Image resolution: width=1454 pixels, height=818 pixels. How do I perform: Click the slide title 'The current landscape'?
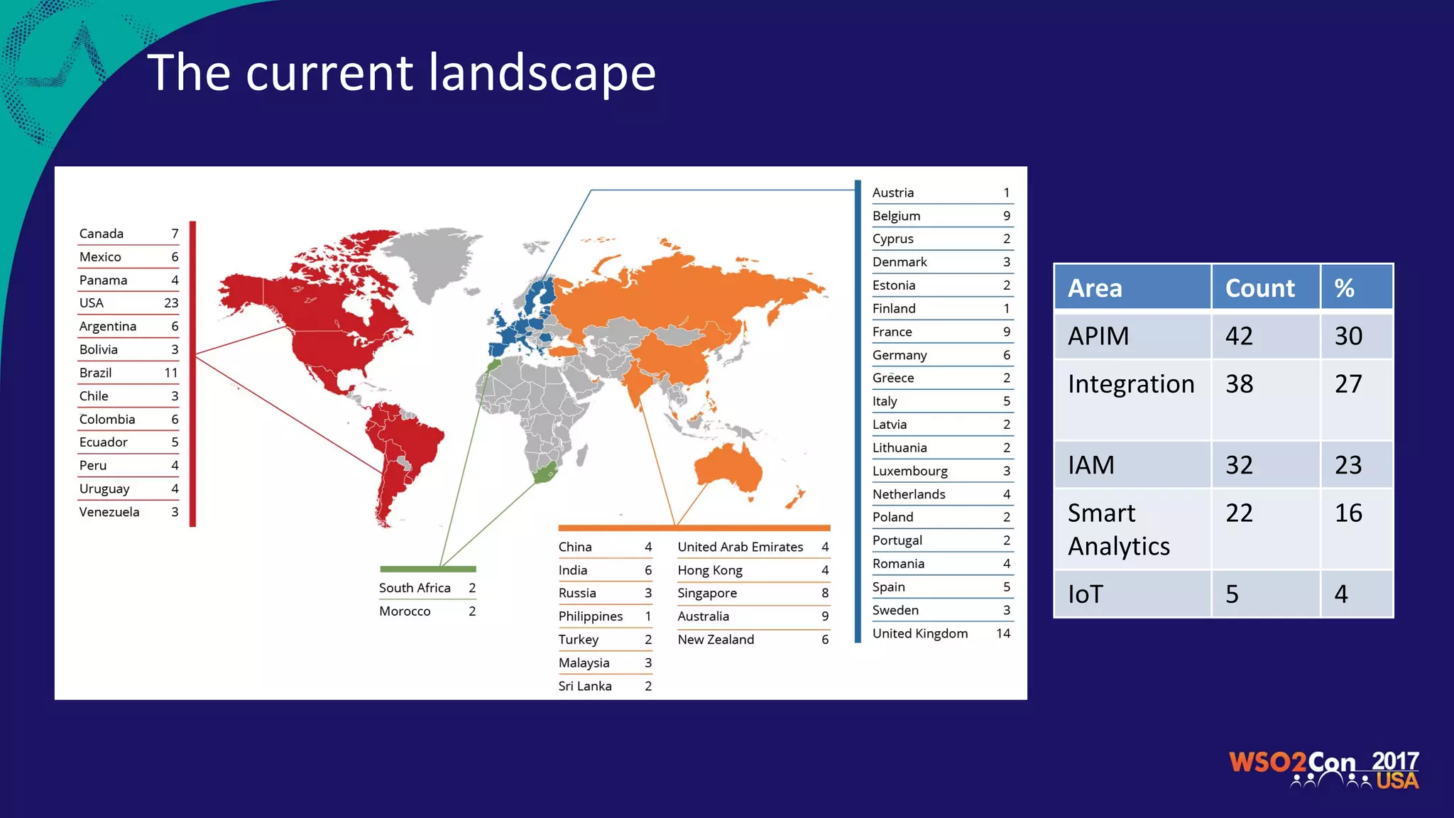click(x=401, y=72)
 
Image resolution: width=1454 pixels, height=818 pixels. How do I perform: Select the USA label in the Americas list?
click(x=92, y=303)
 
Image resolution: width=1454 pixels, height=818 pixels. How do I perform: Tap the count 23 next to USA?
click(x=171, y=303)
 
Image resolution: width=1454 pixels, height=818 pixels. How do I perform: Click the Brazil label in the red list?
click(x=96, y=373)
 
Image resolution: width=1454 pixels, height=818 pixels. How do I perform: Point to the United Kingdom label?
click(x=919, y=633)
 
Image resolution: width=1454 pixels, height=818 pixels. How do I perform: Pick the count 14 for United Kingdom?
click(x=1002, y=633)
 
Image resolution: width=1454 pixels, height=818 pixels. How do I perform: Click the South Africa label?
click(x=415, y=588)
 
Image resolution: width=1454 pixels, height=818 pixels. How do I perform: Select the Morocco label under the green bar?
click(x=405, y=611)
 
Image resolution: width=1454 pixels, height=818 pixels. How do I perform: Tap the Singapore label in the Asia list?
click(x=707, y=593)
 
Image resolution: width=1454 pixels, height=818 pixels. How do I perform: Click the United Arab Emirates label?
click(x=740, y=547)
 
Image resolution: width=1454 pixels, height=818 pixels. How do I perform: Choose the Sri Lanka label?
click(x=584, y=686)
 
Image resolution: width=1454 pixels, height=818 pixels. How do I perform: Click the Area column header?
click(x=1095, y=288)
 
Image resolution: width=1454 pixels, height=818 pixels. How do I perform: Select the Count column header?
click(x=1259, y=288)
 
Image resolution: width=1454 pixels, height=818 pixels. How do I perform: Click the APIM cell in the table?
click(x=1098, y=336)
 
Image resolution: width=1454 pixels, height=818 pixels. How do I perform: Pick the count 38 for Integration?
click(x=1239, y=384)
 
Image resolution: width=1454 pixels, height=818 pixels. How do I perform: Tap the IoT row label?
click(x=1086, y=594)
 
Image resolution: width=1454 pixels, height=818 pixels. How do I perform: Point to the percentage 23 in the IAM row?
click(x=1348, y=465)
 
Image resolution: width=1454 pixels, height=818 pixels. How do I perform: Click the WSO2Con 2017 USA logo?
click(x=1323, y=770)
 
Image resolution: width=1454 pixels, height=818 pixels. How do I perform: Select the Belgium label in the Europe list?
click(x=896, y=216)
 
